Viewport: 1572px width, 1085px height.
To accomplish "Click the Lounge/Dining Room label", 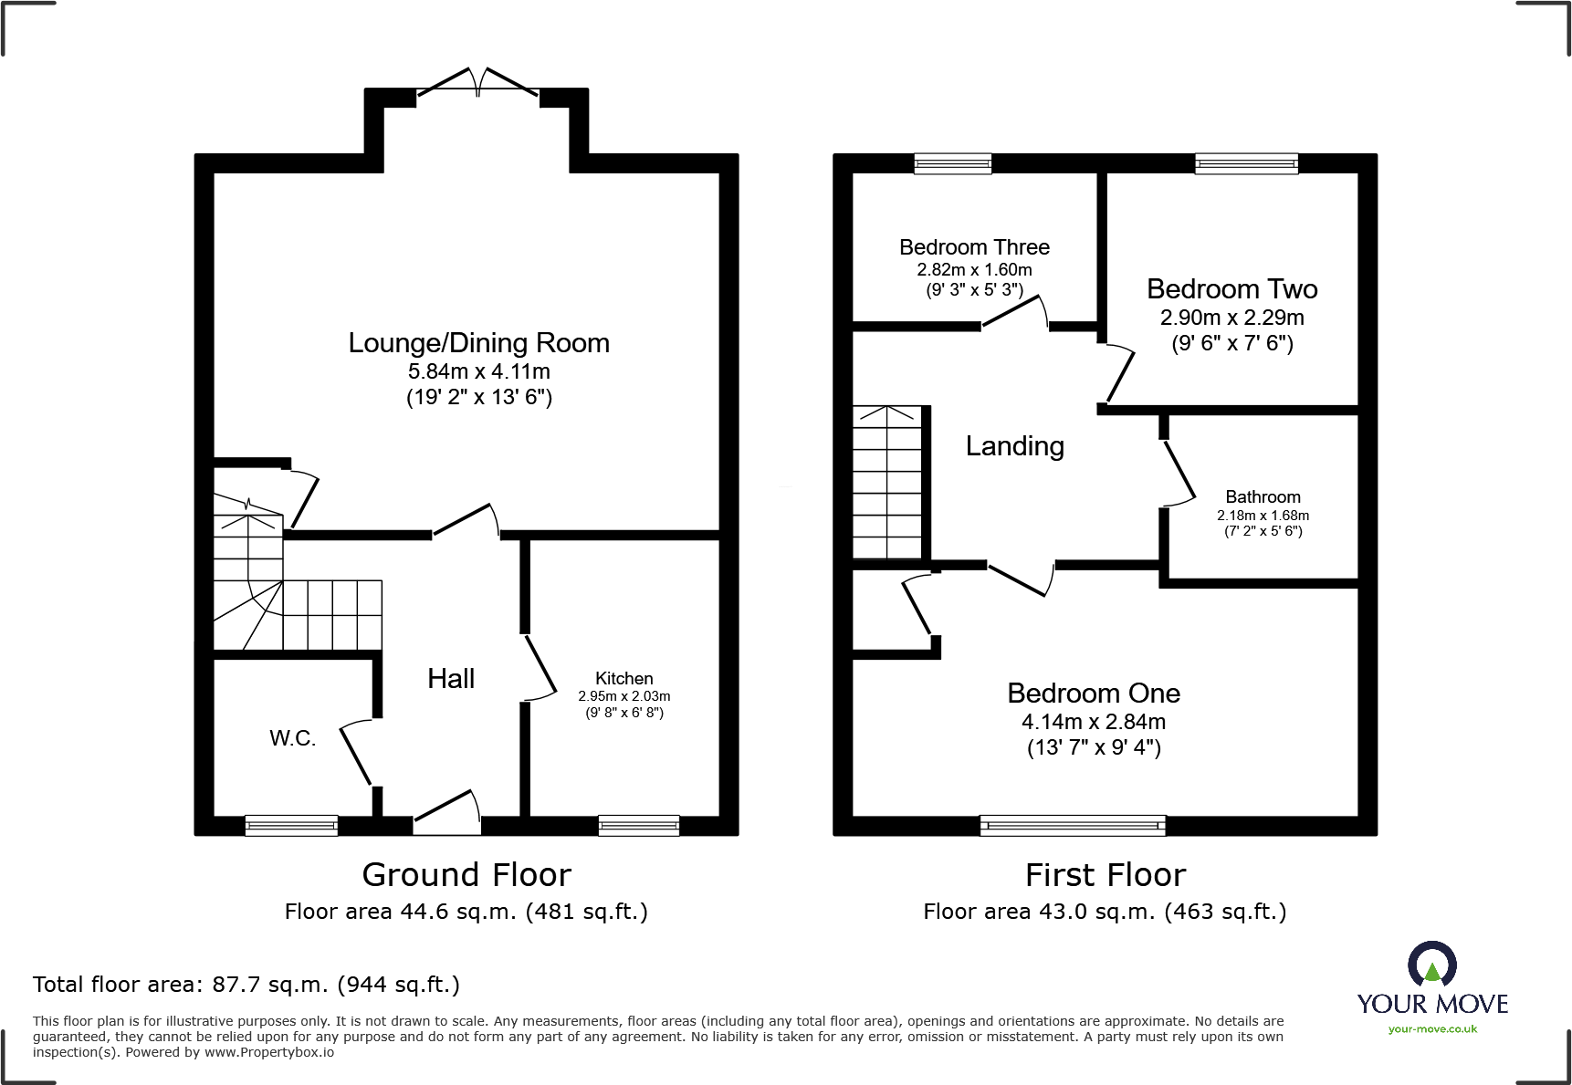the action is click(478, 343).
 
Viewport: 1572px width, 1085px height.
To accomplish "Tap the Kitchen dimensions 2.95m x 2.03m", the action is click(624, 696).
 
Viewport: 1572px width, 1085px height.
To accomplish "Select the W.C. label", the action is click(292, 738).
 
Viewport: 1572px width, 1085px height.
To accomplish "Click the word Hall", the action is click(451, 678).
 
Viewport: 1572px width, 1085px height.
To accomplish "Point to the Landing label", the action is click(1015, 446).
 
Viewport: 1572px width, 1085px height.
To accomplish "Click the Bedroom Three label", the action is click(974, 247).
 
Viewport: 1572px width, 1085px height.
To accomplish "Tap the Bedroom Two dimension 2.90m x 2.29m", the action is click(1231, 318).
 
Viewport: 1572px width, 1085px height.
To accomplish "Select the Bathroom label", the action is click(1263, 497).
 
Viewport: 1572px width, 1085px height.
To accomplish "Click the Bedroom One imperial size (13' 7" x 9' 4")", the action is click(1094, 748).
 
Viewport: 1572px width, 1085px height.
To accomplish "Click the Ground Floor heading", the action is click(466, 875).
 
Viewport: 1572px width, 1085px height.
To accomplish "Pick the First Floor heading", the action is click(1106, 875).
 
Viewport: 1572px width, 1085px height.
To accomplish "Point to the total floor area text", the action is click(246, 985).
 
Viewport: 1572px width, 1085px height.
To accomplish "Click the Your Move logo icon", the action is click(1431, 964).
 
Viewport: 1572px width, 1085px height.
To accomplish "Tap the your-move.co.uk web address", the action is click(1432, 1029).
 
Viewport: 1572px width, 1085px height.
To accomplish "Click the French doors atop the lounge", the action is click(477, 81).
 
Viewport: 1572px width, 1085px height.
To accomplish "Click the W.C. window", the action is click(291, 826).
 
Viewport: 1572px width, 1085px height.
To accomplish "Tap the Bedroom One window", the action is click(1073, 826).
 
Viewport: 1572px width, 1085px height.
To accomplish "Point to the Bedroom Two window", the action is click(1246, 163).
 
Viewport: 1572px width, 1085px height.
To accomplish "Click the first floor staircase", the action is click(887, 483).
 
